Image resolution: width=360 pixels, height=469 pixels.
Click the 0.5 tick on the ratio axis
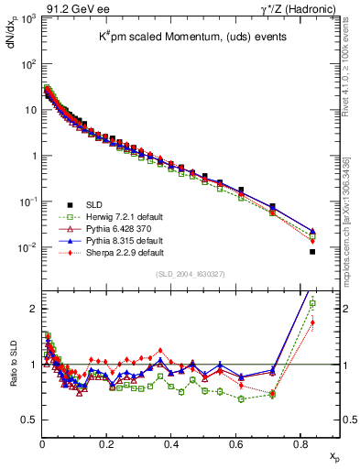click(30, 420)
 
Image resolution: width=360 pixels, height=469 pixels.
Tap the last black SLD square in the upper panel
click(312, 251)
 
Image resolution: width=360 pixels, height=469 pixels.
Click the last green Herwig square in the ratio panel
click(312, 303)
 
